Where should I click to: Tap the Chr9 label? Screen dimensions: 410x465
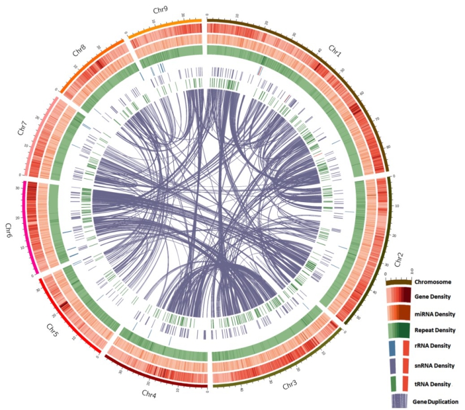coord(161,10)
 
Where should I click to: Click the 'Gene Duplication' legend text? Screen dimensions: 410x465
coord(435,401)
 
